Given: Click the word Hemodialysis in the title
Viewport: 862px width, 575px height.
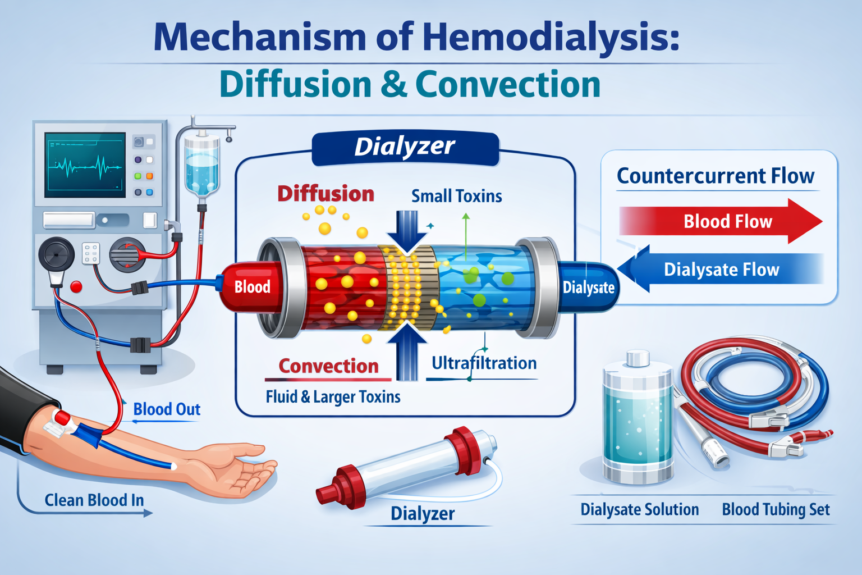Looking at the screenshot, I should pyautogui.click(x=550, y=36).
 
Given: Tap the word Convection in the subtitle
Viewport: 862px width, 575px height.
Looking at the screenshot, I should pyautogui.click(x=507, y=85).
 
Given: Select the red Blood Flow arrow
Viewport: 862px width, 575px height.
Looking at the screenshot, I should pyautogui.click(x=721, y=221).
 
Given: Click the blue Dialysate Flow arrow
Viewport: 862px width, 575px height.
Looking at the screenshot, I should pyautogui.click(x=721, y=270).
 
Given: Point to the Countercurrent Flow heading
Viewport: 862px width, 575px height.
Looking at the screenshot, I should pyautogui.click(x=716, y=176).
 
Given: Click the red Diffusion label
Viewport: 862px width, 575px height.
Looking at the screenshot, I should pyautogui.click(x=325, y=194).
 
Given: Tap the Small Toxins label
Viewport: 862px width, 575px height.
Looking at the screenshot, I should pyautogui.click(x=456, y=196).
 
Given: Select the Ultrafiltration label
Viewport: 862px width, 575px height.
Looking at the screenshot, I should pyautogui.click(x=484, y=363).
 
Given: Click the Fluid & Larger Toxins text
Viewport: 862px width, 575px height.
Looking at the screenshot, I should pyautogui.click(x=333, y=397).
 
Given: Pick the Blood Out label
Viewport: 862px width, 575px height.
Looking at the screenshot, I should pyautogui.click(x=167, y=409).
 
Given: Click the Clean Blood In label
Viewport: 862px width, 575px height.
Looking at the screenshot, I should pyautogui.click(x=94, y=500).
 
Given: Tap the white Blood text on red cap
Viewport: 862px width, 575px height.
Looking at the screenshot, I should pyautogui.click(x=252, y=287).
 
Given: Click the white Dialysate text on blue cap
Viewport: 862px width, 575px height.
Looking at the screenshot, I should pyautogui.click(x=588, y=287).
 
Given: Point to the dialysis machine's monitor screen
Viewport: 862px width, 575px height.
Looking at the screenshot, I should pyautogui.click(x=85, y=165).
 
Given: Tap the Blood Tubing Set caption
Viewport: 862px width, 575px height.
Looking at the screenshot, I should pyautogui.click(x=776, y=509).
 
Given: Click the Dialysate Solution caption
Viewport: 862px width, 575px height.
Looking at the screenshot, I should pyautogui.click(x=639, y=509).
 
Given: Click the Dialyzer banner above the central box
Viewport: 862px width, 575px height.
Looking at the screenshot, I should pyautogui.click(x=405, y=147).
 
